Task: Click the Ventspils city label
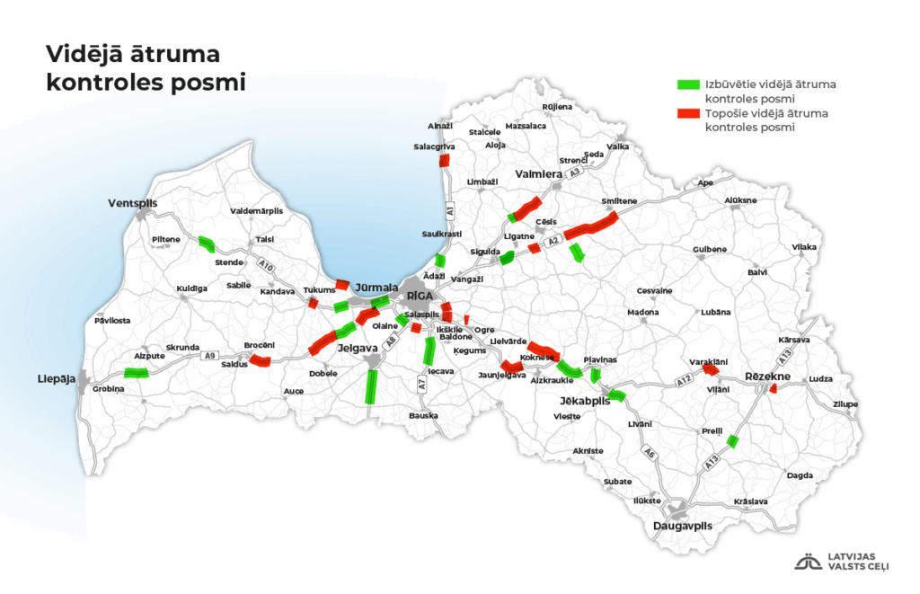tap(132, 203)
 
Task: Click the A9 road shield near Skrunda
tap(209, 356)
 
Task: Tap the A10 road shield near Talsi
tap(265, 266)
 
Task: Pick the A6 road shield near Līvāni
tap(649, 455)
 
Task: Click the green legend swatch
tap(687, 84)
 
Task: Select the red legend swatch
tap(687, 114)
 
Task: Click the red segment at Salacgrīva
tap(444, 161)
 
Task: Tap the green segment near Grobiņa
tap(137, 373)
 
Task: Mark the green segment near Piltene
tap(207, 243)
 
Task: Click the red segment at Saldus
tap(260, 361)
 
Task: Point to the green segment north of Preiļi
tap(732, 440)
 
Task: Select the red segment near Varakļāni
tap(710, 368)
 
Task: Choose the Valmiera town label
tap(538, 173)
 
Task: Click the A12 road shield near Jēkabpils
tap(683, 383)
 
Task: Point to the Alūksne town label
tap(740, 199)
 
